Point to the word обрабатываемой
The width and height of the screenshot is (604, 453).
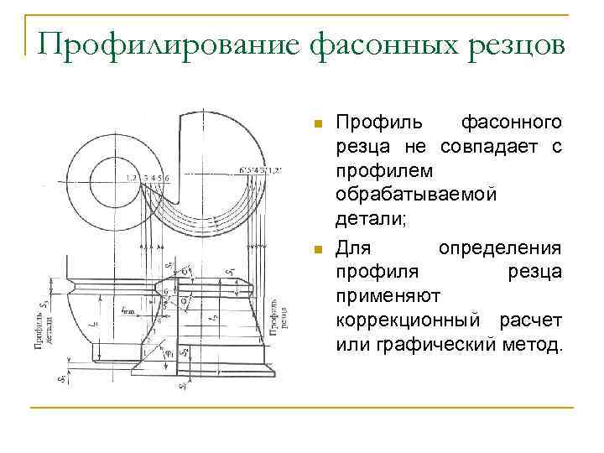pos(416,194)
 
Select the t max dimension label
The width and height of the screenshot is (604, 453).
pos(128,310)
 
